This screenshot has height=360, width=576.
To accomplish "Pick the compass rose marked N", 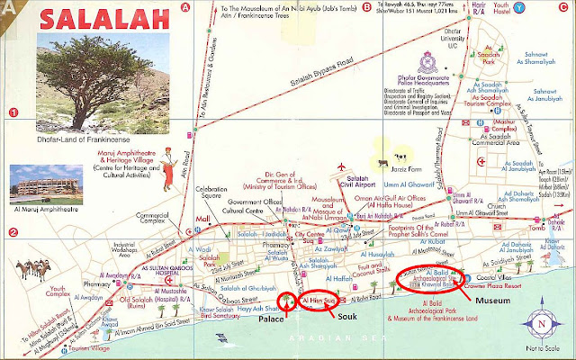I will (x=539, y=323).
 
